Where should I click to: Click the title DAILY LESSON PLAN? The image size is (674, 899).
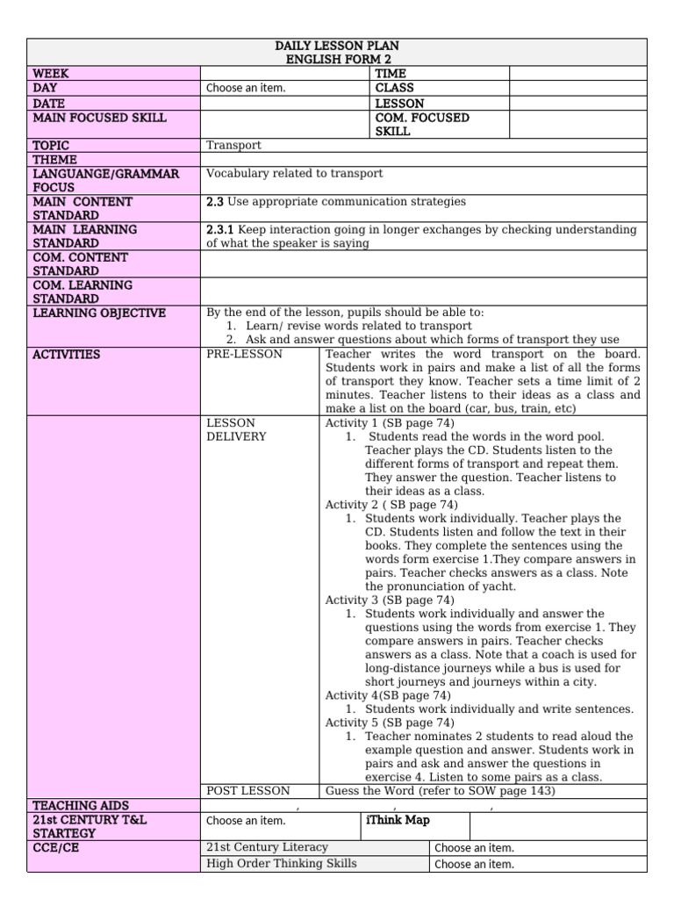337,45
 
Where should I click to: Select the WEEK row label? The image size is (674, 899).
51,74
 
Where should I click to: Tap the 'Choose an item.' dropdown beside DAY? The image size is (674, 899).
246,88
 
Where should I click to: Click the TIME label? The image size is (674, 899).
391,74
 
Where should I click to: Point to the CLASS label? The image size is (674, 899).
395,88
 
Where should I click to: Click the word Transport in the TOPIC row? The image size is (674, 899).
233,146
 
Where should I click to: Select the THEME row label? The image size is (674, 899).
54,160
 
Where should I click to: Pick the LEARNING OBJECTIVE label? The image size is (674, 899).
99,313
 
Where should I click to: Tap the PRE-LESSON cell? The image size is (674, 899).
245,355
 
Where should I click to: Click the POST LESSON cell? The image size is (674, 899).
248,790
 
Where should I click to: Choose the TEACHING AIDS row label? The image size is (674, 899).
81,805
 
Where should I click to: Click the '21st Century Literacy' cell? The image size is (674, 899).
267,847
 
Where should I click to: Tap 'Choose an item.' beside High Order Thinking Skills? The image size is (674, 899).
474,864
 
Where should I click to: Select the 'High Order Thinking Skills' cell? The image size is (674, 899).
281,864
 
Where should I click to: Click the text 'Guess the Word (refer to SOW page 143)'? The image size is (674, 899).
440,790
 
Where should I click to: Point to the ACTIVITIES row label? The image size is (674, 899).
67,355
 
